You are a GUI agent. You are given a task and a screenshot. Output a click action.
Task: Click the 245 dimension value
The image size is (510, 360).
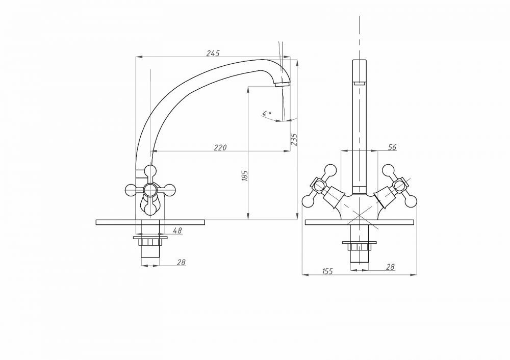click(x=213, y=53)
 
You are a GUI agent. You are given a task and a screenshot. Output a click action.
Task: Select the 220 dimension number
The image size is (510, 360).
click(x=220, y=148)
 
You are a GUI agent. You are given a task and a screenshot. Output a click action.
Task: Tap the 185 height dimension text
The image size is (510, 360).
click(x=245, y=175)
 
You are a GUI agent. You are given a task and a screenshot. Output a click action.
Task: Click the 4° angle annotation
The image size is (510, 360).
click(x=267, y=114)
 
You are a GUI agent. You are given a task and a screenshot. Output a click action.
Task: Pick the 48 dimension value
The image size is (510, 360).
click(x=177, y=230)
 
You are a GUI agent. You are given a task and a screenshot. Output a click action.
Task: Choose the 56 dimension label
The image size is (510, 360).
click(x=393, y=147)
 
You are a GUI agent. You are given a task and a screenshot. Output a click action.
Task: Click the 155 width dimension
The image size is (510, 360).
click(x=327, y=271)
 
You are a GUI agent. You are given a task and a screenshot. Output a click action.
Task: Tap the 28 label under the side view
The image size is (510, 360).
click(x=182, y=262)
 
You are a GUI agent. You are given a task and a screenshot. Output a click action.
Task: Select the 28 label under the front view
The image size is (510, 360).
click(x=390, y=267)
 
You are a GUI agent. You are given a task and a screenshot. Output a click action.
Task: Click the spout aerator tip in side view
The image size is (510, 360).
click(x=282, y=84)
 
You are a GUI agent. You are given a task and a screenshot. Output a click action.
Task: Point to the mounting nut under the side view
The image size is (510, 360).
click(x=150, y=242)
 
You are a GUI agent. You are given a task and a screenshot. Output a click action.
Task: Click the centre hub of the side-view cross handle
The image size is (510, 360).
click(x=150, y=189)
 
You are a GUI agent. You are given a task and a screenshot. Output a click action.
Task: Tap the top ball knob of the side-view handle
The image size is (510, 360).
click(x=150, y=170)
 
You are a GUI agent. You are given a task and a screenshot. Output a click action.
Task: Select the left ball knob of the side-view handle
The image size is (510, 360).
click(x=131, y=189)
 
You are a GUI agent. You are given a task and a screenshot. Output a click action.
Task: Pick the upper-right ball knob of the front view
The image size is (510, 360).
click(x=388, y=170)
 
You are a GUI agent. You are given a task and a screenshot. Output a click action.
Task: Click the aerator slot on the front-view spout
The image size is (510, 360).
click(x=359, y=83)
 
